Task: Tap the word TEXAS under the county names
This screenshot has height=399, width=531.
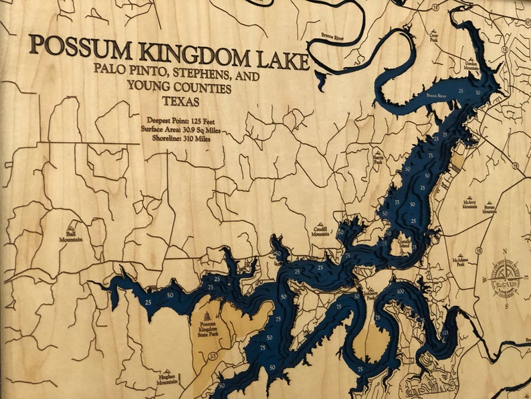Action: point(181,101)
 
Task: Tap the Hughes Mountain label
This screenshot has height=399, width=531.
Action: point(167,381)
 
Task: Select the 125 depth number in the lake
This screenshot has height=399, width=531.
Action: point(446,333)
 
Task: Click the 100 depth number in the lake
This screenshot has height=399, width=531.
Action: point(400,291)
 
